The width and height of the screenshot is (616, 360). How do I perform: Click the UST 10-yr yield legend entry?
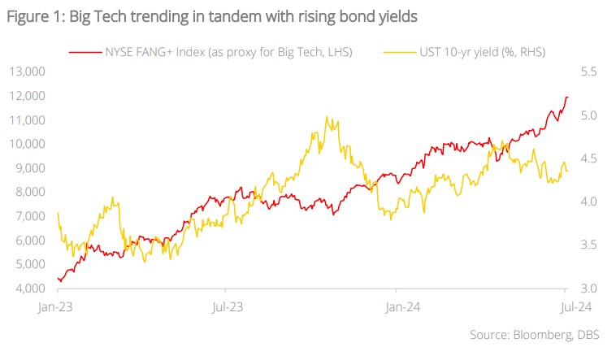pyautogui.click(x=479, y=52)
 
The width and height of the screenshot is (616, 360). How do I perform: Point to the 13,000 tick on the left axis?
pyautogui.click(x=28, y=72)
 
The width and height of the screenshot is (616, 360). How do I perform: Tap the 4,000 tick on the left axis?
pyautogui.click(x=30, y=289)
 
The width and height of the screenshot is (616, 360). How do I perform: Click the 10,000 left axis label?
pyautogui.click(x=28, y=145)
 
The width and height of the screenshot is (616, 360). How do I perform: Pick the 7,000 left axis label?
pyautogui.click(x=30, y=217)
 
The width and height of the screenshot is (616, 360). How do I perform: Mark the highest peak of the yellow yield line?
pyautogui.click(x=326, y=117)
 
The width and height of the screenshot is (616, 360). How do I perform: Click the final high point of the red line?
pyautogui.click(x=566, y=97)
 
